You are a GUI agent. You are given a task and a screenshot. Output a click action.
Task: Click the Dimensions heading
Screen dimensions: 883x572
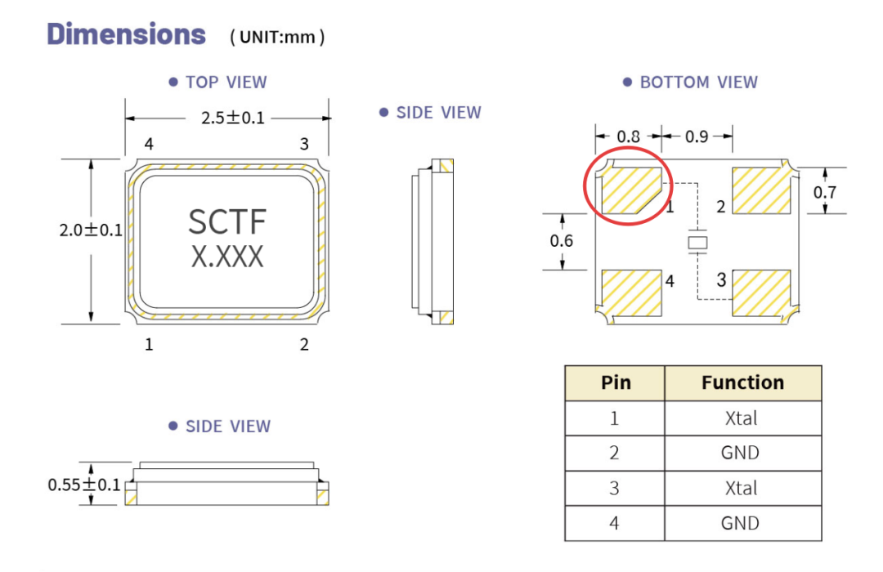(x=126, y=34)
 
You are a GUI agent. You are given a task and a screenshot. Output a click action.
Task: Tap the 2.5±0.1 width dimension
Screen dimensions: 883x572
(x=232, y=118)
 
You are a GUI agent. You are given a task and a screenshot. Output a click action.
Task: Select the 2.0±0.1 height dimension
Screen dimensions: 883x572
(x=91, y=230)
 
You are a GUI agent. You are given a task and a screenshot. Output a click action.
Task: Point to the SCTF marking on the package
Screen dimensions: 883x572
(x=227, y=221)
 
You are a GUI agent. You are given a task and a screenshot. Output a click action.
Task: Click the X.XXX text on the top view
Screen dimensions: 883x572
(x=227, y=256)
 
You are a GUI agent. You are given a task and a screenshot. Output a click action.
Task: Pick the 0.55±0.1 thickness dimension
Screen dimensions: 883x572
(x=84, y=485)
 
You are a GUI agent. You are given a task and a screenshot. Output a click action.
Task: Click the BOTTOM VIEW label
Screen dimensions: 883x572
(x=698, y=83)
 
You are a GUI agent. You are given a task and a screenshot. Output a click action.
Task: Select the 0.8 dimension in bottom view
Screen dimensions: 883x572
(x=629, y=136)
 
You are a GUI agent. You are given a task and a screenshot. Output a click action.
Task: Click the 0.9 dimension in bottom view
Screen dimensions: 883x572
(x=697, y=136)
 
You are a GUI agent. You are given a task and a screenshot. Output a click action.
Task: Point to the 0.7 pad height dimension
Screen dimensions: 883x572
(x=825, y=193)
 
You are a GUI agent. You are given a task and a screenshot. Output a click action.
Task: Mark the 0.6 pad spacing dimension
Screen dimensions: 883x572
(x=562, y=241)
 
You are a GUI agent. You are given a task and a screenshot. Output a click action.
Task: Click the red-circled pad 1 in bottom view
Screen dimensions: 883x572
(x=630, y=190)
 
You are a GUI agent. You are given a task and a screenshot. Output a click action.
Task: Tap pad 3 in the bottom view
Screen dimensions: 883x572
(x=761, y=293)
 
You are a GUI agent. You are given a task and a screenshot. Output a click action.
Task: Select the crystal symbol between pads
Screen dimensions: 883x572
(x=697, y=243)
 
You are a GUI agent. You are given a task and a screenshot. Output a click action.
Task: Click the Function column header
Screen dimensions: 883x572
(x=742, y=383)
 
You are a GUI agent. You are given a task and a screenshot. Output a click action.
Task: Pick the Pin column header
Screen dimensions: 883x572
(x=615, y=383)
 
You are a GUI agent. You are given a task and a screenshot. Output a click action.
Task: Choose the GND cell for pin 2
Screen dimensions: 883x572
(x=742, y=454)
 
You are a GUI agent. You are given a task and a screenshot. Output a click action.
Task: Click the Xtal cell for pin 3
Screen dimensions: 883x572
(x=742, y=488)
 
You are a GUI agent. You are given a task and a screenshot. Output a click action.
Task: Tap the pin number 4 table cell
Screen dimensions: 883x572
(x=615, y=523)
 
